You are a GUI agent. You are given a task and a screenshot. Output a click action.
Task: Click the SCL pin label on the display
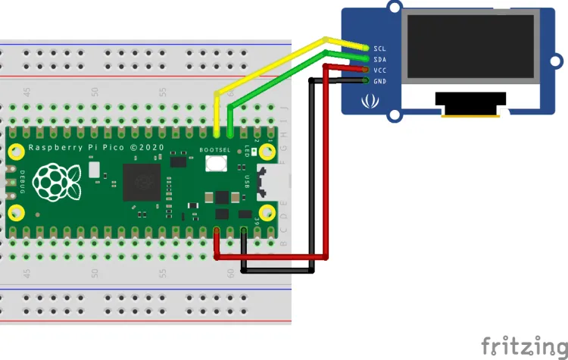point(380,48)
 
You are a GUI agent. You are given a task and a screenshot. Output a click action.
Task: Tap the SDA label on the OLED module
point(380,59)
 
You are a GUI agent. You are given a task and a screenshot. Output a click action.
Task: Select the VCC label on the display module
point(380,70)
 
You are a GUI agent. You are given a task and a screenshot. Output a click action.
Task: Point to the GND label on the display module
point(380,80)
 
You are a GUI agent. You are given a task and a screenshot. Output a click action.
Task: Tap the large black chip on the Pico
point(142,183)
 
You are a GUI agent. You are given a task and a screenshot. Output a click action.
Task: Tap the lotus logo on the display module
point(371,99)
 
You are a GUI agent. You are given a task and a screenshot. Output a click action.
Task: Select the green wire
point(280,76)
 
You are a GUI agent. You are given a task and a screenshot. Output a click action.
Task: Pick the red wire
point(326,167)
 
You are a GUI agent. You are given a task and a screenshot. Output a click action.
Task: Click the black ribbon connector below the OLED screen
point(470,99)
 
